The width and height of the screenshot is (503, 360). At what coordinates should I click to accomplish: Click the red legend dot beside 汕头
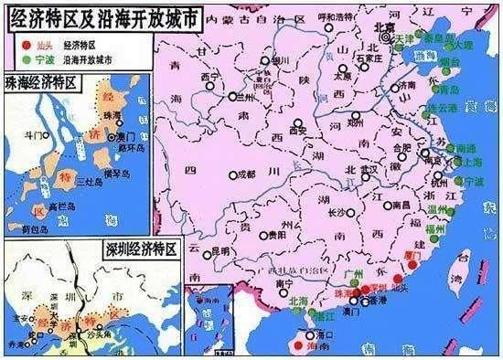coord(13,43)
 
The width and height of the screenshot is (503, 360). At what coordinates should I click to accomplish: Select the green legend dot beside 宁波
coord(13,58)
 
